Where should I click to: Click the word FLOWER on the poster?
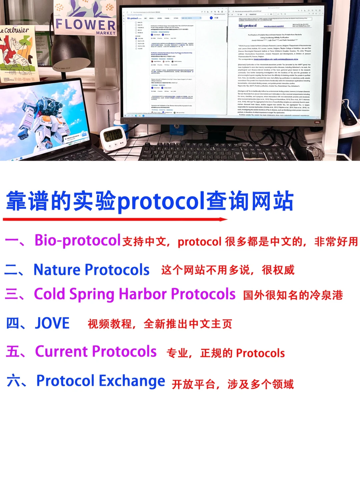85,24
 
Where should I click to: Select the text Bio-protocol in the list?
77,240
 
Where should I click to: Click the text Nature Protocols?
91,270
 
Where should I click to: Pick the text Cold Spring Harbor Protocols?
135,294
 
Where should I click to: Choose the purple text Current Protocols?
96,352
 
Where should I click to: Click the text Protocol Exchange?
100,381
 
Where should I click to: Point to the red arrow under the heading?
115,219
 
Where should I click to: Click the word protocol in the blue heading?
161,202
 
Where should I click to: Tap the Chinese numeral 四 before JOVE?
13,323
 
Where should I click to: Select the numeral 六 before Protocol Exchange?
13,381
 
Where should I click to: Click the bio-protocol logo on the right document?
248,26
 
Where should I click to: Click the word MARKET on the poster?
106,33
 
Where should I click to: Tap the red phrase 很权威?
278,270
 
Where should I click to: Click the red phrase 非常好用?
336,241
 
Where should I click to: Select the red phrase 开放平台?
193,384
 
